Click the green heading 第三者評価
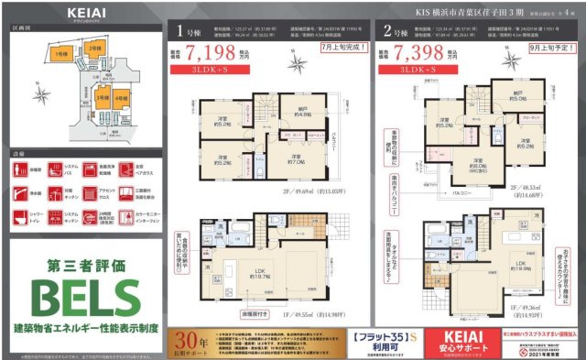click(85, 265)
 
